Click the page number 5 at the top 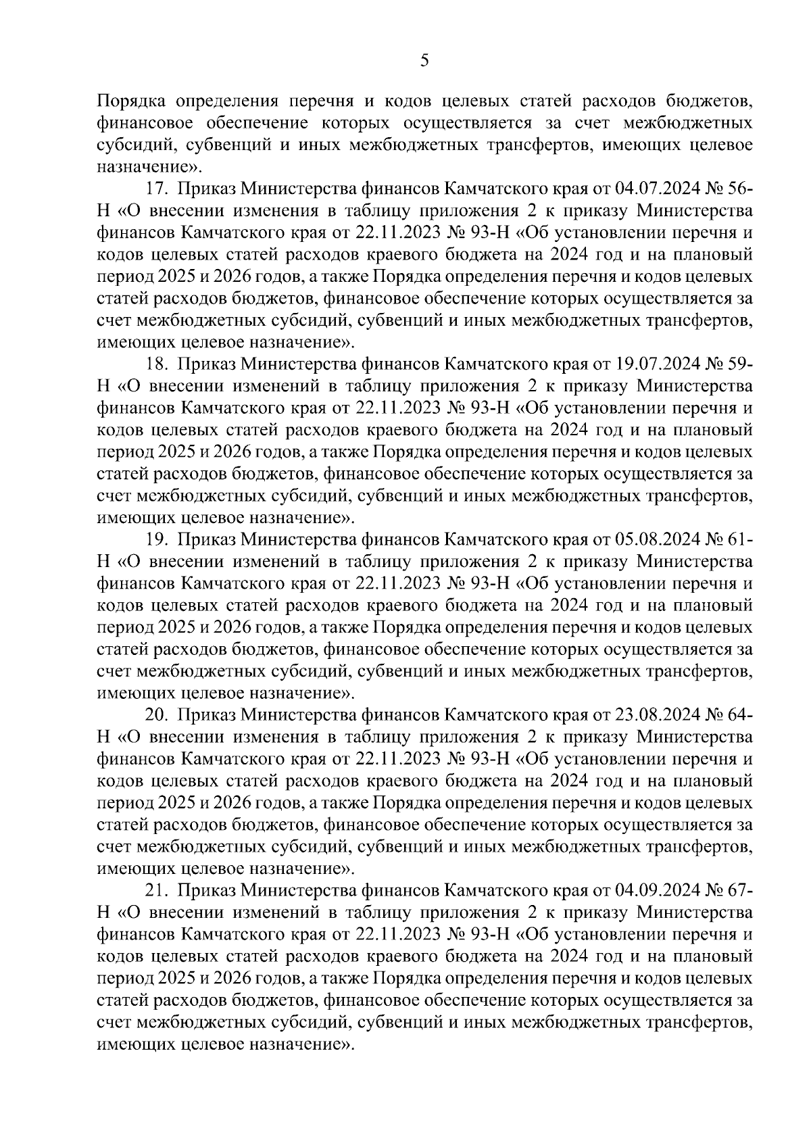(424, 61)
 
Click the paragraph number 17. (157, 189)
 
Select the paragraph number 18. (157, 364)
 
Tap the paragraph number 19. (157, 539)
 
